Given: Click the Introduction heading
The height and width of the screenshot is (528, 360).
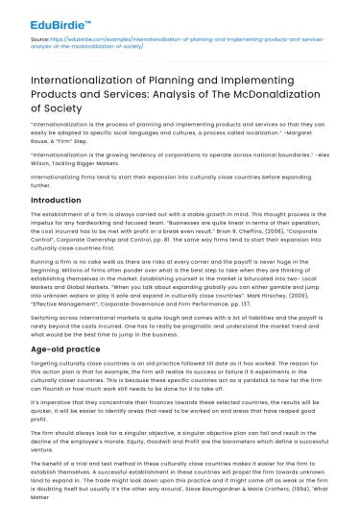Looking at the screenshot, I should [56, 200].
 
